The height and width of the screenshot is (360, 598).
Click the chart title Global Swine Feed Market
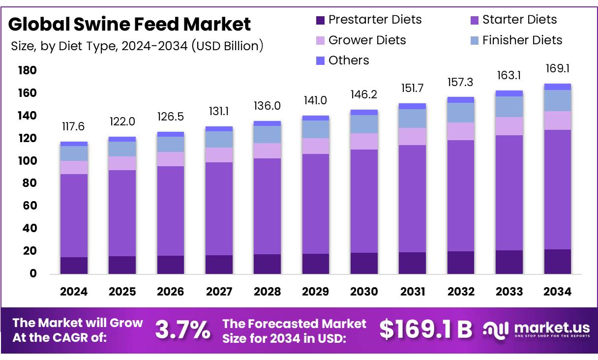point(130,24)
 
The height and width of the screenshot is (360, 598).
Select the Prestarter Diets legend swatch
point(320,20)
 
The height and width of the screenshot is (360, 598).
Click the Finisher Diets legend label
point(522,40)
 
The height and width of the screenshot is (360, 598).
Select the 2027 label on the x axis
point(219,292)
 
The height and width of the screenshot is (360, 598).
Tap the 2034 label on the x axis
point(558,292)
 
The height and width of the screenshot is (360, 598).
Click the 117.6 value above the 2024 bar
point(74,127)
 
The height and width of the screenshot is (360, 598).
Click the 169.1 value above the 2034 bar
point(558,68)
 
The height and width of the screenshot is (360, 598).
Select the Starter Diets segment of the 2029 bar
point(316,204)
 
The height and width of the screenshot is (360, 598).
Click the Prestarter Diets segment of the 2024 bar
point(74,266)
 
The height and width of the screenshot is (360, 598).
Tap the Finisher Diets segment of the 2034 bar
point(558,100)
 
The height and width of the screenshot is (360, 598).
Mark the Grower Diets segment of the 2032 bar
point(461,131)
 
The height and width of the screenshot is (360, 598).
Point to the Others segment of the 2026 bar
point(171,134)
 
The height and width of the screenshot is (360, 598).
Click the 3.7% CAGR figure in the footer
point(182,330)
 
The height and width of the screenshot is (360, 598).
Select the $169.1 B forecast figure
point(425,330)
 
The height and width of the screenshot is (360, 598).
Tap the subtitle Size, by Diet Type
point(137,46)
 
